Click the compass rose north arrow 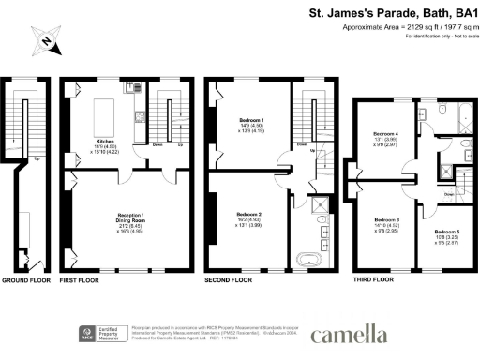point(44,40)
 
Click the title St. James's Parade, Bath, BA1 point(393,13)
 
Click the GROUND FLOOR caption point(26,279)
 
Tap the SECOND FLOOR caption point(229,279)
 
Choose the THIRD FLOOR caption point(373,279)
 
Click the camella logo point(348,333)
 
